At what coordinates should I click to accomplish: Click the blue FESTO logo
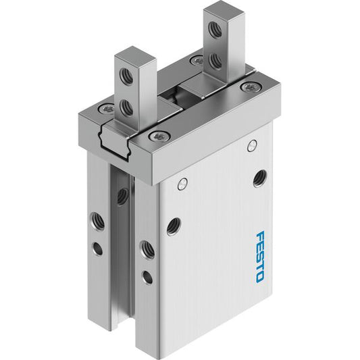click(259, 257)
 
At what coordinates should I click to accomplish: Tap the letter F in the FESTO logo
click(260, 236)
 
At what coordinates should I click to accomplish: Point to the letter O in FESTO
click(259, 277)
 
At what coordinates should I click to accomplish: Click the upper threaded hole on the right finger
click(215, 29)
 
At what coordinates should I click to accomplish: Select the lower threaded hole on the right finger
click(215, 61)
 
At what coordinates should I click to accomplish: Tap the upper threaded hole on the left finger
click(126, 76)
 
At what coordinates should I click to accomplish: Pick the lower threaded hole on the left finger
click(127, 108)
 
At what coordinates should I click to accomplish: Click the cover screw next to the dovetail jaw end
click(159, 136)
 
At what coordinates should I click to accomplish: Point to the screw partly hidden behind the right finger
click(197, 60)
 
